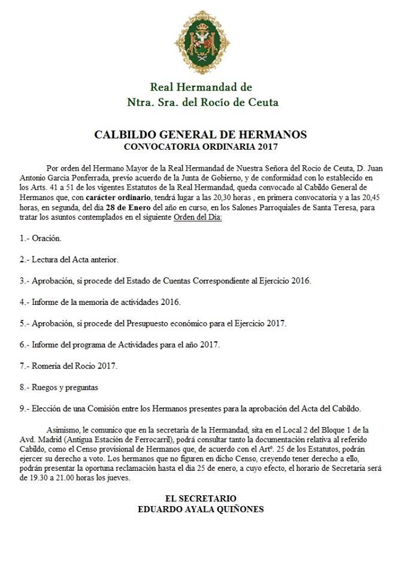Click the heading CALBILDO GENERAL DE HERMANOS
point(201,134)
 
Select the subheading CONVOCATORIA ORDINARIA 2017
point(201,146)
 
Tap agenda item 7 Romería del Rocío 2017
point(68,366)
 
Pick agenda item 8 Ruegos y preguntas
point(59,387)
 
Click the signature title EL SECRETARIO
point(201,498)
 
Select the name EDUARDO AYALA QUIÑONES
point(201,509)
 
